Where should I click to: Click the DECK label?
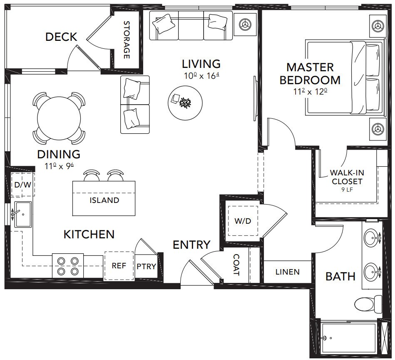(61, 37)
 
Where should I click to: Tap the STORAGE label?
(127, 40)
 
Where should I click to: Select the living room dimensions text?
(201, 76)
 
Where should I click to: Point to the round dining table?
(59, 118)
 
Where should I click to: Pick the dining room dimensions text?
(60, 166)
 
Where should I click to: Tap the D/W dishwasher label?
(22, 185)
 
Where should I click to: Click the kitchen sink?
(22, 215)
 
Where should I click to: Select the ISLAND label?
(104, 200)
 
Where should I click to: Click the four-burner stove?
(68, 266)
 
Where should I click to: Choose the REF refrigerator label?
(119, 266)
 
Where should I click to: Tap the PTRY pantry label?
(146, 267)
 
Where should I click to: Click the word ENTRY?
(191, 245)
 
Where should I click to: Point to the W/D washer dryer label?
(243, 221)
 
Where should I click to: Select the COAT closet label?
(236, 265)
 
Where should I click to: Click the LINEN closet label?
(288, 272)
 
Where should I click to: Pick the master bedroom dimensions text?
(310, 92)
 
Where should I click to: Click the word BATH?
(340, 277)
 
